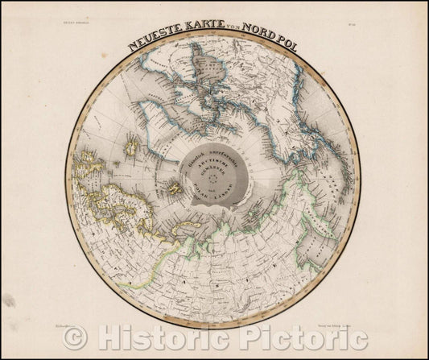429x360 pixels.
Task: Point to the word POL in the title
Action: point(286,47)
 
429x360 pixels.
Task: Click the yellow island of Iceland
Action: point(129,147)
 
